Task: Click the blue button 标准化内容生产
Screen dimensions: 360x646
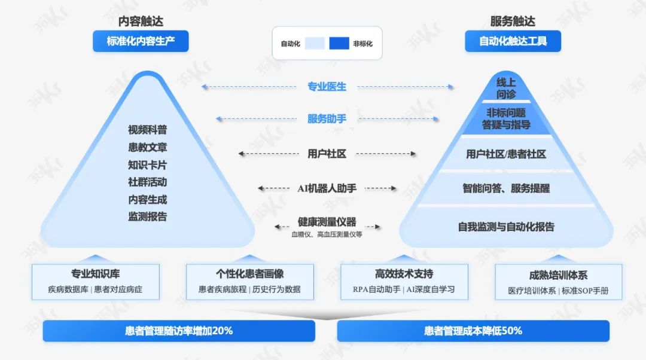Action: (x=141, y=41)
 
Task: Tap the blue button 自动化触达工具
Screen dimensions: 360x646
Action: (x=513, y=41)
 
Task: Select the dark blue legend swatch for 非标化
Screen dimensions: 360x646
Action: (x=339, y=43)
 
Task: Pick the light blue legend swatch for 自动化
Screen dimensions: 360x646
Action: (x=315, y=43)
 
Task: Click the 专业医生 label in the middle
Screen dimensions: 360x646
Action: (x=327, y=87)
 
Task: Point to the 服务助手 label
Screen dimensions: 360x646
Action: (x=327, y=119)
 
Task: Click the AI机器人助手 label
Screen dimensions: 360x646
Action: (x=327, y=188)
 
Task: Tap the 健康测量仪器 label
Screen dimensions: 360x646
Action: (x=327, y=222)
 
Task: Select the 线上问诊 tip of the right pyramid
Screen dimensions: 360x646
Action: (x=506, y=89)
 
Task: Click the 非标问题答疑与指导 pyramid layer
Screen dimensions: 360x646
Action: (x=506, y=118)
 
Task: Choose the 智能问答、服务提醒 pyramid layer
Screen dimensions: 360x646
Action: (x=506, y=188)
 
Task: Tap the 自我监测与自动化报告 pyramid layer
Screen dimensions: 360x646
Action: (x=506, y=227)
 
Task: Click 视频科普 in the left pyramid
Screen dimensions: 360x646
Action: (x=147, y=130)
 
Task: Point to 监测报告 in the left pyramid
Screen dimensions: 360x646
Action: (x=147, y=216)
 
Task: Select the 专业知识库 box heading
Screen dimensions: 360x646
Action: (x=96, y=274)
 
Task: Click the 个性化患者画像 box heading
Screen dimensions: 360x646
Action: (x=249, y=274)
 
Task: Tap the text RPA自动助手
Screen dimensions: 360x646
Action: (x=377, y=289)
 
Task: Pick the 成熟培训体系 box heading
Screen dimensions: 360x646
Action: (x=558, y=275)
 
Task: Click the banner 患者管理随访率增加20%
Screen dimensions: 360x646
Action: (x=179, y=331)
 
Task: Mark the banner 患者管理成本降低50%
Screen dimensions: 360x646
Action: (x=473, y=331)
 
